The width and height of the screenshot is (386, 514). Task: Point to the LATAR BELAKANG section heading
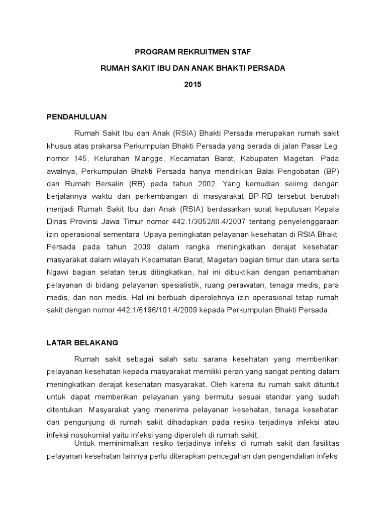pos(82,343)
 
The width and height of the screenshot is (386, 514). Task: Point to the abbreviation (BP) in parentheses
pos(330,171)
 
